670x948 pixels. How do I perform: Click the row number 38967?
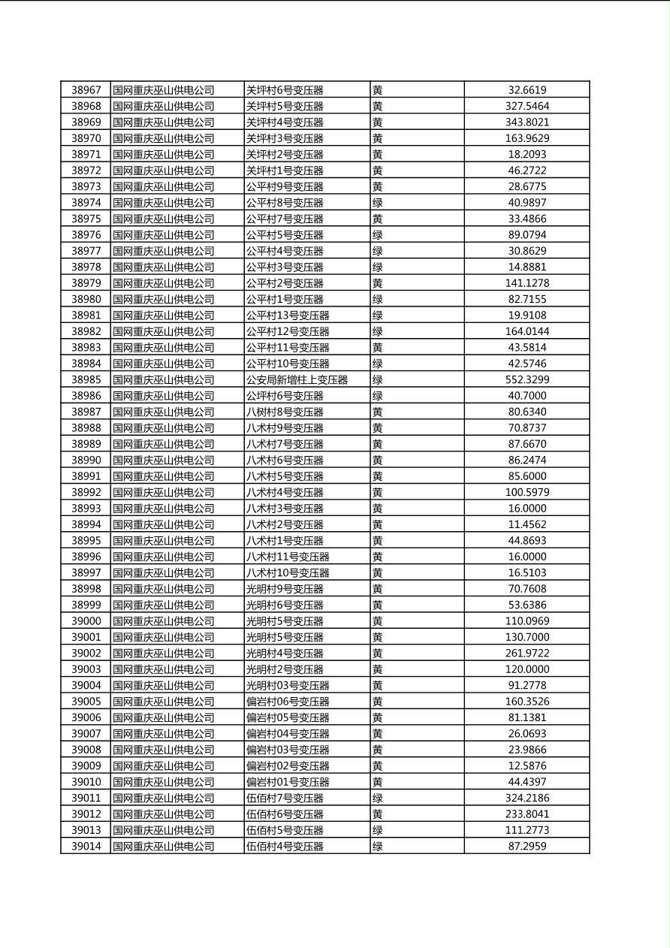tap(86, 90)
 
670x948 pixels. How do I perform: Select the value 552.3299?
tap(527, 380)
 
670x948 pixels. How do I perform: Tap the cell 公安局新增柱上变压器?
tap(297, 380)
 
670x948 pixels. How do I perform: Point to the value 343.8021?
tap(527, 122)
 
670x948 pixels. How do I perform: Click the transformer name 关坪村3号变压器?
tap(285, 138)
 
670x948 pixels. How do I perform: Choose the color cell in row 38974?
tap(378, 203)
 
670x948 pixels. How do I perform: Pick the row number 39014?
tap(86, 847)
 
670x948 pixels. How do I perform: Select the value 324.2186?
tap(527, 799)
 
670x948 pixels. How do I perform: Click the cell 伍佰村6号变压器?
tap(285, 814)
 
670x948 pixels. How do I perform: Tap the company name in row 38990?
tap(164, 460)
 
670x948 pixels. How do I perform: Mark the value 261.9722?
tap(527, 654)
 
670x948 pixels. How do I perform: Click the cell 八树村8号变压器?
tap(285, 412)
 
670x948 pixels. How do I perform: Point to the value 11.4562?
tap(527, 525)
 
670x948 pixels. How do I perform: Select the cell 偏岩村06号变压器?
tap(288, 702)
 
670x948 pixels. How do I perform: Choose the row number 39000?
tap(86, 621)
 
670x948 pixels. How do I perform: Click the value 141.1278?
tap(527, 283)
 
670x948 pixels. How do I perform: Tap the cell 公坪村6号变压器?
tap(285, 396)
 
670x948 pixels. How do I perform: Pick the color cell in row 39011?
tap(378, 799)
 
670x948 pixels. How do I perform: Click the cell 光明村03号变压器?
tap(288, 686)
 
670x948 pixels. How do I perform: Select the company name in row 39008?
tap(164, 750)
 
